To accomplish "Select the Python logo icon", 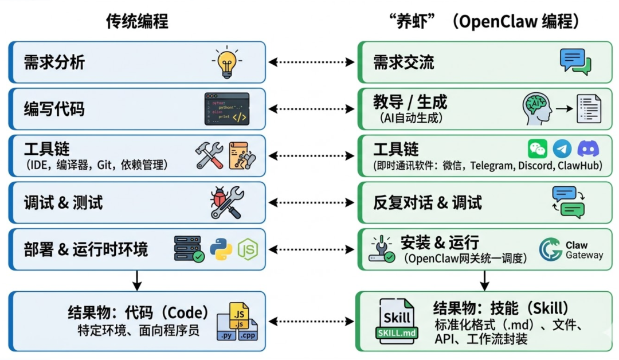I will click(221, 249).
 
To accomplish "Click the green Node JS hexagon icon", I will click(248, 249).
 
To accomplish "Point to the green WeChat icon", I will click(538, 149).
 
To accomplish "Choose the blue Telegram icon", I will click(562, 149).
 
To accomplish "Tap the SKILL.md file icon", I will click(397, 320).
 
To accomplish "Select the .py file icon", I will click(226, 334).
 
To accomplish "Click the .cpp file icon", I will click(248, 334).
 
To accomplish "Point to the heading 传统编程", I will click(137, 22).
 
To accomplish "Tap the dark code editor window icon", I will click(227, 109).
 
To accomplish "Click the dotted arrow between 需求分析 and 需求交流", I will click(311, 62).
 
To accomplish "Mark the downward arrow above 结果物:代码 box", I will click(136, 280).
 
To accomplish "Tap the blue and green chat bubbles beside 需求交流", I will click(575, 62).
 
